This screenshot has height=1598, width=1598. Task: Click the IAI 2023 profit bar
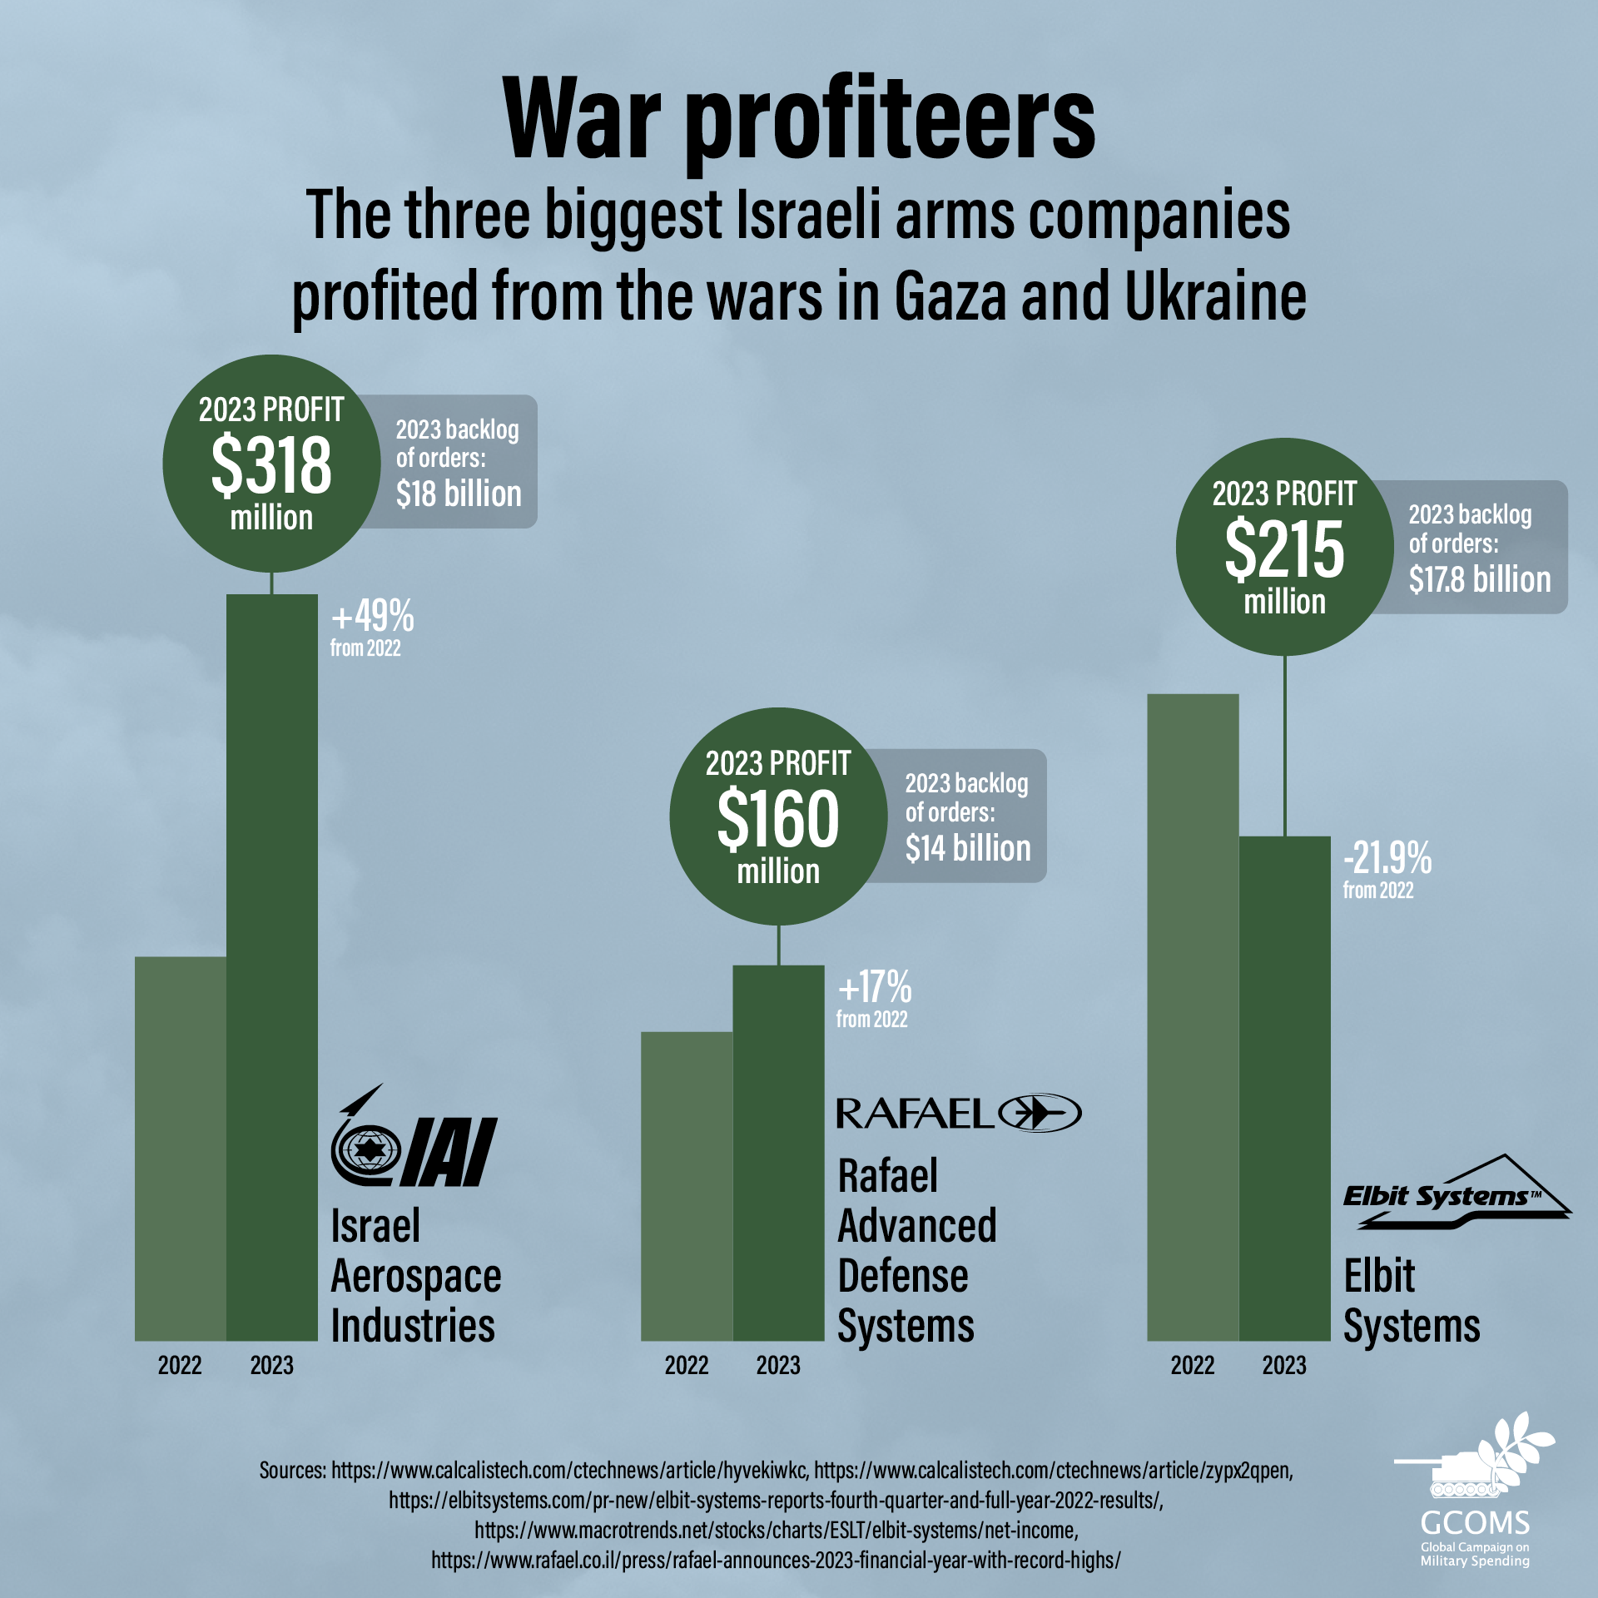coord(272,965)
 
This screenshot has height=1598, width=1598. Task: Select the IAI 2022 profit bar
coord(181,1149)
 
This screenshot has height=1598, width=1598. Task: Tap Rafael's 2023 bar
coord(778,1153)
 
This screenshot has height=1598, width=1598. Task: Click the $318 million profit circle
coord(271,464)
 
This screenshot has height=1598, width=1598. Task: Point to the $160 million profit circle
coord(778,816)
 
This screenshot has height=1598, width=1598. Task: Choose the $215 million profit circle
coord(1284,547)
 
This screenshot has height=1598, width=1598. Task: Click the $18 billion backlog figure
coord(459,494)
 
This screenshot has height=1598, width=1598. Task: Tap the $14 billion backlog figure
coord(968,849)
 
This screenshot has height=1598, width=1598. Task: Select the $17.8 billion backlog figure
coord(1480,579)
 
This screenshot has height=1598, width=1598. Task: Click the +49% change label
coord(372,618)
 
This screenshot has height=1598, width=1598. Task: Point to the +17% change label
coord(875,988)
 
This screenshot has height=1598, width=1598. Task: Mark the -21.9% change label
coord(1387,858)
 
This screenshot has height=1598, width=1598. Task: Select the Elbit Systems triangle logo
coord(1457,1193)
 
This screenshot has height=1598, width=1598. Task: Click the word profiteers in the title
coord(890,118)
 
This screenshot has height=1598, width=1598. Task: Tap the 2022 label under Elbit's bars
coord(1193,1366)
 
